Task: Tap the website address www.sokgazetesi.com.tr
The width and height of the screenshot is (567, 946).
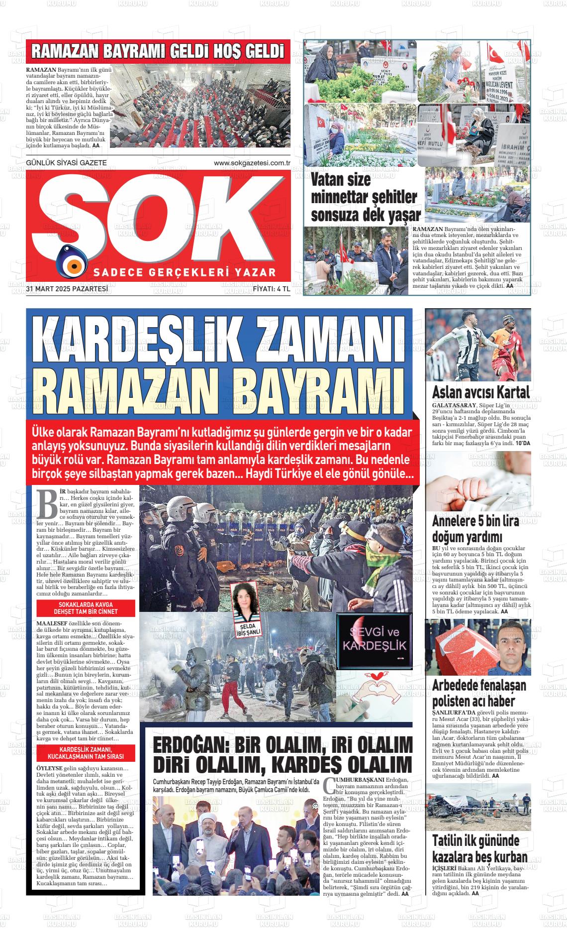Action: tap(252, 163)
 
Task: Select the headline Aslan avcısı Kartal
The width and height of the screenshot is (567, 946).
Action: tap(480, 392)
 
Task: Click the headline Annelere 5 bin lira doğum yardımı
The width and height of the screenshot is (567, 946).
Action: tap(475, 529)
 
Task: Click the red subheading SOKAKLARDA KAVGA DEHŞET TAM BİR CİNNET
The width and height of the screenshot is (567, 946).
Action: tap(85, 608)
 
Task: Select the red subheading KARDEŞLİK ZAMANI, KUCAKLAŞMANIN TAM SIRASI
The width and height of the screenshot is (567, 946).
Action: tap(85, 753)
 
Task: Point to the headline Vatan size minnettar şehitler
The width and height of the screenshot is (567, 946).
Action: tap(364, 197)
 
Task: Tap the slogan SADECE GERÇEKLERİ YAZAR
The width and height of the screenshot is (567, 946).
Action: tap(185, 272)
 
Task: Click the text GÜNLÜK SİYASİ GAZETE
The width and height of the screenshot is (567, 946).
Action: tap(66, 163)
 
